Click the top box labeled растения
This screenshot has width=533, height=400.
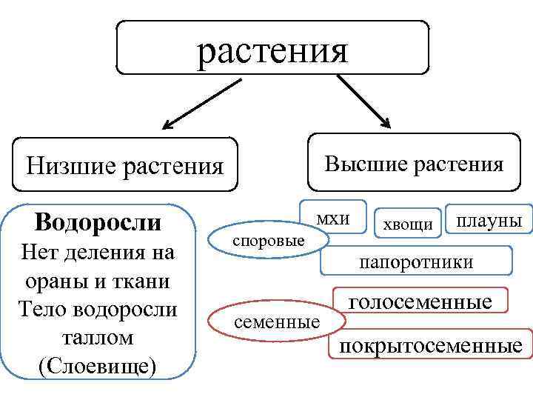(x=272, y=48)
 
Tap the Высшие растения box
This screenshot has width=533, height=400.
(x=414, y=164)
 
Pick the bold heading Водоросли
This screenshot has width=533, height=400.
(x=98, y=221)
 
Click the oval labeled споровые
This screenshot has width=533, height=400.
(x=268, y=241)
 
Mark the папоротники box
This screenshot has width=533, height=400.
(x=415, y=261)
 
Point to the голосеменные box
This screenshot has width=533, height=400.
(x=420, y=303)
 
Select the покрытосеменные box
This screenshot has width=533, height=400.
(x=430, y=346)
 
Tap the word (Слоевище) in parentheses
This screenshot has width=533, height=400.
(x=98, y=366)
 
